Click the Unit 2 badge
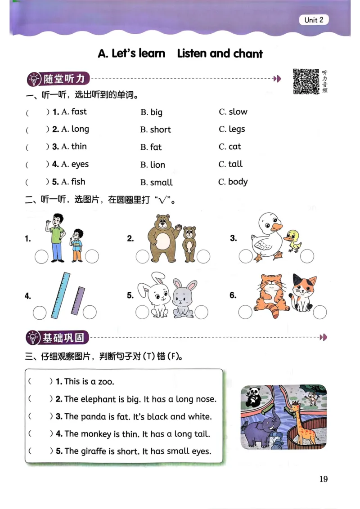tap(314, 20)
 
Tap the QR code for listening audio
tap(306, 81)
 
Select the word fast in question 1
tap(79, 112)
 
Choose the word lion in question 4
tap(157, 165)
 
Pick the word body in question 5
tap(238, 182)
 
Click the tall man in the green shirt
tap(57, 237)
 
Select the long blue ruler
tap(61, 295)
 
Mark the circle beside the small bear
tap(203, 257)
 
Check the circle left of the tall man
tap(41, 257)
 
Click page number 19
tap(323, 478)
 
